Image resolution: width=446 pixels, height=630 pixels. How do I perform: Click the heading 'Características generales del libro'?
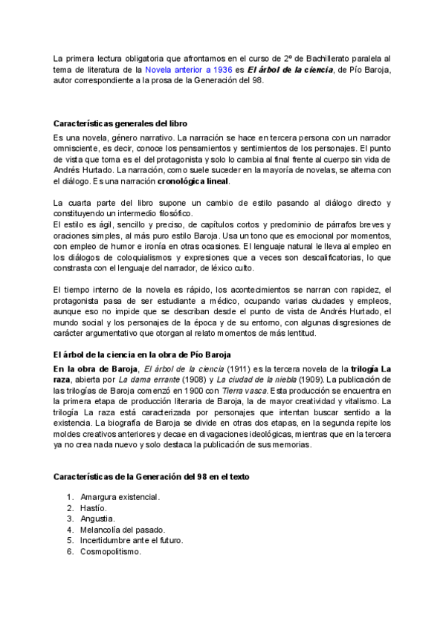(120, 123)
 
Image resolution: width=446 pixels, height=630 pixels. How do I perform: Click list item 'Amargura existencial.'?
(120, 496)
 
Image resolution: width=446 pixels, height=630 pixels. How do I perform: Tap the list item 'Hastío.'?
(93, 507)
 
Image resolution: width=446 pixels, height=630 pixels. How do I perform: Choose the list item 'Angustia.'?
(97, 519)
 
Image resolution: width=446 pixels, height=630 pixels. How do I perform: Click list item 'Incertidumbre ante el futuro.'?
(132, 541)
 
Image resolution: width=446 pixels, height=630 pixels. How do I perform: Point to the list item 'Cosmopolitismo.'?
(111, 552)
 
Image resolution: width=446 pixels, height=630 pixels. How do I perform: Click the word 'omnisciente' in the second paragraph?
(76, 149)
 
